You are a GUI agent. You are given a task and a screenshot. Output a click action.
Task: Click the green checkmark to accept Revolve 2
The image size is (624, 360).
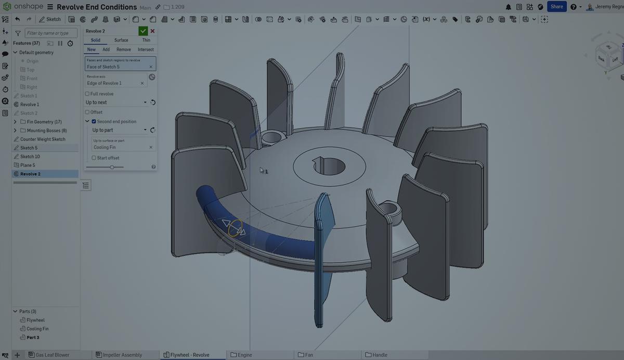143,31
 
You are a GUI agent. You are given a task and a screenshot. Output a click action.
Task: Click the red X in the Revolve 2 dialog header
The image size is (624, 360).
152,31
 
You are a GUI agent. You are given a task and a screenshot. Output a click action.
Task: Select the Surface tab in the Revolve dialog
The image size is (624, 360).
121,40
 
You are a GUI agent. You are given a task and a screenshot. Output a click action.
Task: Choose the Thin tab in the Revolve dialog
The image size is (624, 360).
146,40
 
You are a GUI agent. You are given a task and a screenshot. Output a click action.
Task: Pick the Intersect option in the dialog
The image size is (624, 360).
146,49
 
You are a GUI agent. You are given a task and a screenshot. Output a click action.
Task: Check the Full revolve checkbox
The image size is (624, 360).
87,94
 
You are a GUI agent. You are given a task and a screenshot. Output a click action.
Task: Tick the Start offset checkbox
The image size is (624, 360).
94,158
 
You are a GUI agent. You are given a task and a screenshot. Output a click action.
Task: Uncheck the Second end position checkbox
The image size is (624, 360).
94,121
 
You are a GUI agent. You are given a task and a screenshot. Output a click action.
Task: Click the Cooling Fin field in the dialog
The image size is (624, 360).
120,147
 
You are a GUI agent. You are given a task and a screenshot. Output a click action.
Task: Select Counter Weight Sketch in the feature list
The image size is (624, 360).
43,139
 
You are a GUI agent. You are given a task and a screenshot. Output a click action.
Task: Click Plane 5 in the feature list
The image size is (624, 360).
28,165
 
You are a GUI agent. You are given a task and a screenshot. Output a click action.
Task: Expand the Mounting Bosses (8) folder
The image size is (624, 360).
15,131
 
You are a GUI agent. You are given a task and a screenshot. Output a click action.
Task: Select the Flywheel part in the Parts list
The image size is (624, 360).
35,320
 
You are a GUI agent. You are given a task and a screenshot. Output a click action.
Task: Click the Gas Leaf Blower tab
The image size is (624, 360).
51,355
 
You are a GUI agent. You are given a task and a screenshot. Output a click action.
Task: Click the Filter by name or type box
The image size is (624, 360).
51,33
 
